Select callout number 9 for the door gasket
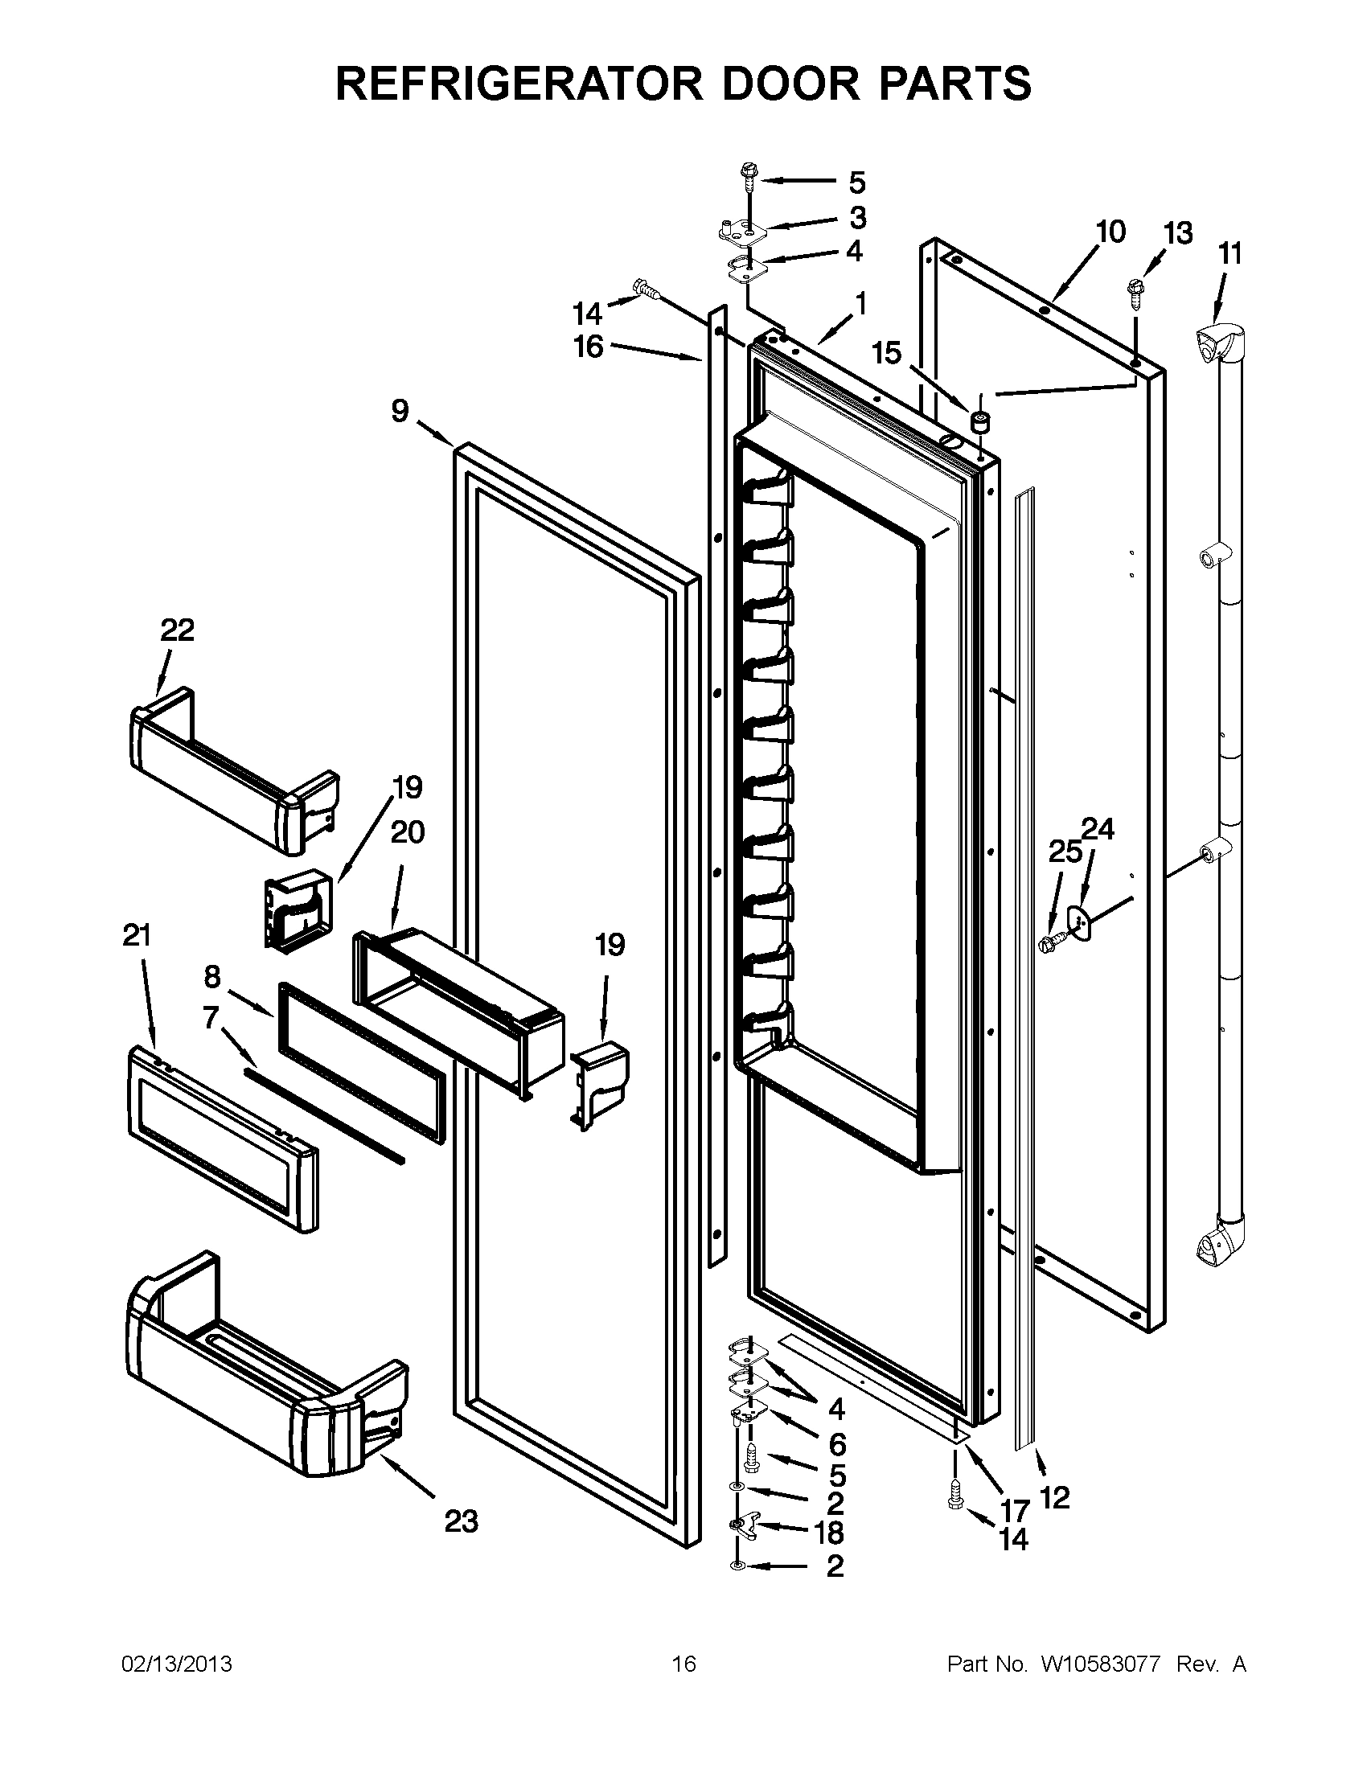coord(400,412)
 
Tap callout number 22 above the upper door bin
coord(178,630)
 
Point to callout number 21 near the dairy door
coord(137,935)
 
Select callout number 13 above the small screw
coord(1178,233)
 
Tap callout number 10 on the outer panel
coord(1110,232)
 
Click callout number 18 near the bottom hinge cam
coord(830,1531)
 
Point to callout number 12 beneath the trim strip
coord(1053,1497)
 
